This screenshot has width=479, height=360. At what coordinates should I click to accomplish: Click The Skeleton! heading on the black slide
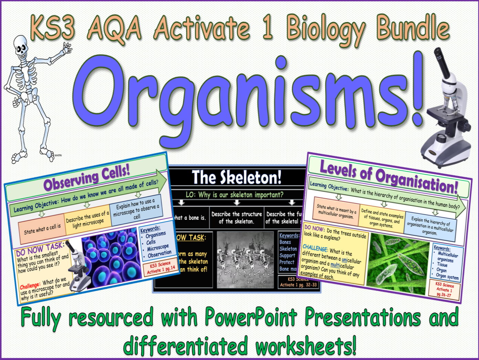pyautogui.click(x=237, y=177)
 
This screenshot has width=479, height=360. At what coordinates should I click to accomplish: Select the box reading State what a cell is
pyautogui.click(x=42, y=229)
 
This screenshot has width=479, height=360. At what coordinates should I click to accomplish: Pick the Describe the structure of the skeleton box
pyautogui.click(x=236, y=218)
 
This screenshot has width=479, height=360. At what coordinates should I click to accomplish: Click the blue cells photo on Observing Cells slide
pyautogui.click(x=109, y=257)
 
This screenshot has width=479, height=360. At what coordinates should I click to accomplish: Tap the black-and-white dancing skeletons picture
pyautogui.click(x=245, y=260)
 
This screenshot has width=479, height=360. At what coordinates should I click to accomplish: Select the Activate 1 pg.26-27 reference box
pyautogui.click(x=444, y=290)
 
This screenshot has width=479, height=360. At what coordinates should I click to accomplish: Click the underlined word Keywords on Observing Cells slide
pyautogui.click(x=150, y=229)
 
